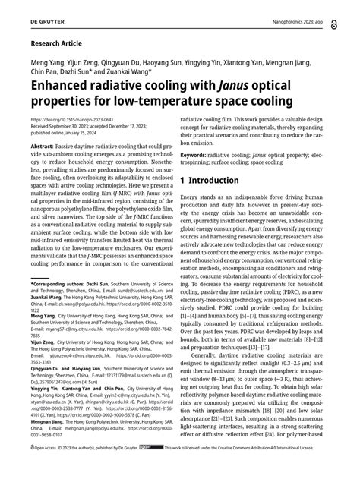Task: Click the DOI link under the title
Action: (x=71, y=120)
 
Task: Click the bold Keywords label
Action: (x=196, y=154)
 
